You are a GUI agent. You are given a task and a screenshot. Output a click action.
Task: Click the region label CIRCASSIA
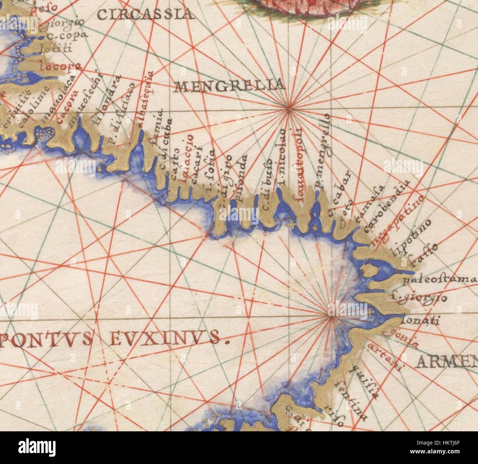[x=146, y=15]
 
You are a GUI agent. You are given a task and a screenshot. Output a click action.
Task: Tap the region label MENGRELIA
[x=230, y=86]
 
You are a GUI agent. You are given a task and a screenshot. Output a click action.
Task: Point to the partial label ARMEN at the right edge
[x=446, y=362]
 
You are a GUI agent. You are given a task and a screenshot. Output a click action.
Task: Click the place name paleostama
[x=440, y=281]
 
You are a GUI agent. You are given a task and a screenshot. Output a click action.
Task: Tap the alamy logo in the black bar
[x=37, y=448]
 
